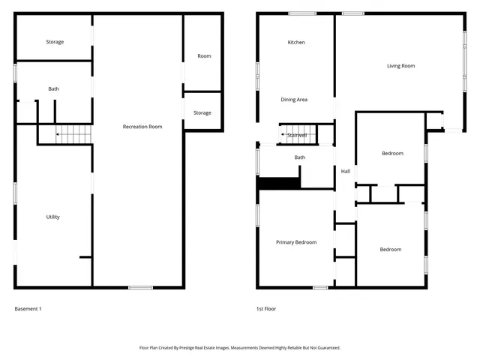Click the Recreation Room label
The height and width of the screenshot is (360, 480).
pyautogui.click(x=142, y=127)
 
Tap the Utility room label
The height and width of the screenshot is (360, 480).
pyautogui.click(x=52, y=217)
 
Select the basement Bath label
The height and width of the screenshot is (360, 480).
pyautogui.click(x=53, y=89)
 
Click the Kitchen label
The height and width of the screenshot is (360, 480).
pyautogui.click(x=296, y=43)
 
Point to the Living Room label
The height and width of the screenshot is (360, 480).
pyautogui.click(x=400, y=66)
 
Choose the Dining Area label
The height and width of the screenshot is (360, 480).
pyautogui.click(x=294, y=100)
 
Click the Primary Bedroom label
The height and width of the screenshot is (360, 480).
pyautogui.click(x=295, y=242)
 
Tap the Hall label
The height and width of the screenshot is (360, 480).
pyautogui.click(x=345, y=172)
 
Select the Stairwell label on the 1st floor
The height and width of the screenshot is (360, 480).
pyautogui.click(x=297, y=135)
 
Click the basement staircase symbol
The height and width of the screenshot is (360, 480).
pyautogui.click(x=73, y=135)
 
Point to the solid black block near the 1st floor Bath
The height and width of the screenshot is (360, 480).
pyautogui.click(x=279, y=182)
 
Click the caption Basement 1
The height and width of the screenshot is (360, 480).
pyautogui.click(x=28, y=308)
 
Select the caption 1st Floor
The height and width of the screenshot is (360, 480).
pyautogui.click(x=265, y=308)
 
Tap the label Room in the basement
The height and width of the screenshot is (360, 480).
pyautogui.click(x=204, y=56)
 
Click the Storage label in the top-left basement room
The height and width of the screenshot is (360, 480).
pyautogui.click(x=55, y=42)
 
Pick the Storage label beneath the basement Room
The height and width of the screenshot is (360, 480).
pyautogui.click(x=202, y=113)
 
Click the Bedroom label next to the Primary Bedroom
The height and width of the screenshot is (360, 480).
pyautogui.click(x=390, y=250)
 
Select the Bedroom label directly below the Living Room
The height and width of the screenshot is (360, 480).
pyautogui.click(x=392, y=154)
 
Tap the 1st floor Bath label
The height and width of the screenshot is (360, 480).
pyautogui.click(x=300, y=157)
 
